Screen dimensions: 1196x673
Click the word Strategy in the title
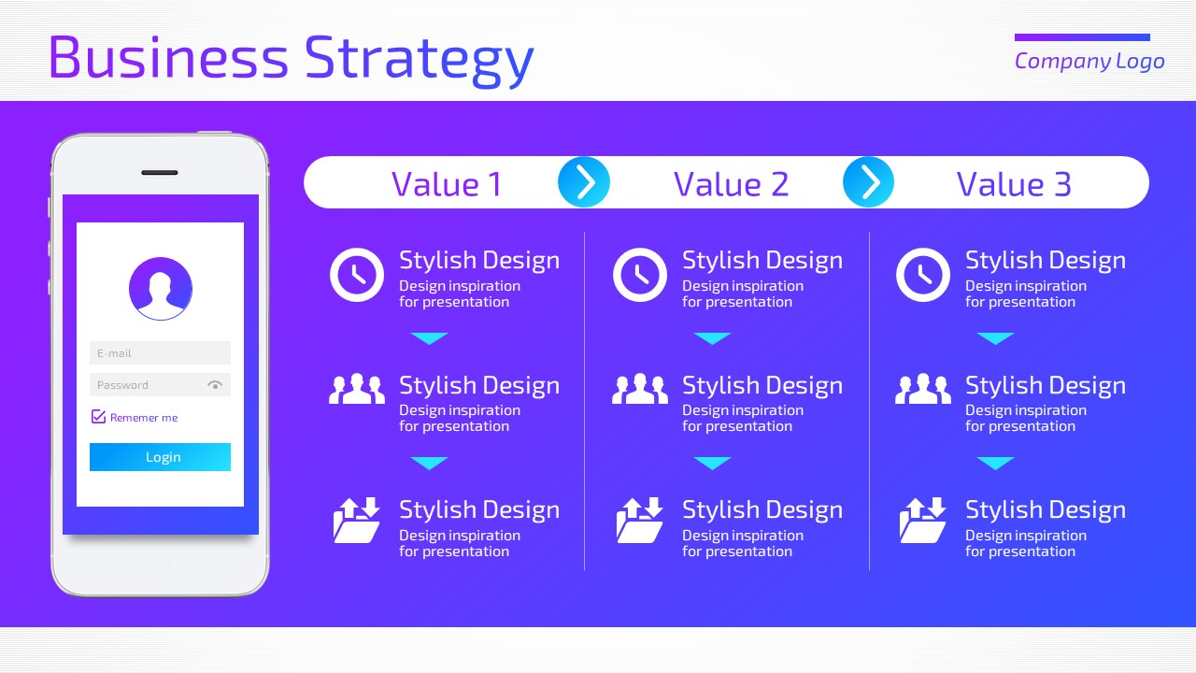tap(420, 59)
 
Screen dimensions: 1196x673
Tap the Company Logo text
tap(1089, 62)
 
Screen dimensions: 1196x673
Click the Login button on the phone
tap(160, 457)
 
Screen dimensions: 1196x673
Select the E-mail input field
tap(160, 353)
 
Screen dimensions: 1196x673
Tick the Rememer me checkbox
tap(98, 417)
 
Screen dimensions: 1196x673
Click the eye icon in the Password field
tap(215, 384)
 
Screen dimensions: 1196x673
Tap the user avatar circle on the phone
tap(160, 289)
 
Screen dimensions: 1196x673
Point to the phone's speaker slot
tap(160, 173)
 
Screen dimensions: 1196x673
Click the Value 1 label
tap(447, 184)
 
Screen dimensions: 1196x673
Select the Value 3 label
tap(1014, 184)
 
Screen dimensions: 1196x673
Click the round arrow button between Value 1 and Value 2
tap(584, 182)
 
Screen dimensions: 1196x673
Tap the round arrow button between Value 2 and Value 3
tap(868, 182)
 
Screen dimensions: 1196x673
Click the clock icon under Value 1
tap(357, 275)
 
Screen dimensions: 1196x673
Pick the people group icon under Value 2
tap(640, 388)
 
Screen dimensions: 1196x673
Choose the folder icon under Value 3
tap(922, 521)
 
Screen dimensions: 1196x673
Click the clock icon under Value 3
tap(922, 275)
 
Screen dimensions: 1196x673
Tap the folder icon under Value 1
tap(357, 521)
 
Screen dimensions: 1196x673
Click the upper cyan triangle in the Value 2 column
tap(712, 338)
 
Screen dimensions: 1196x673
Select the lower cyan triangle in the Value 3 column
tap(995, 463)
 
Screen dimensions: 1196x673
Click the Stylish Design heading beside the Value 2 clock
tap(762, 261)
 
